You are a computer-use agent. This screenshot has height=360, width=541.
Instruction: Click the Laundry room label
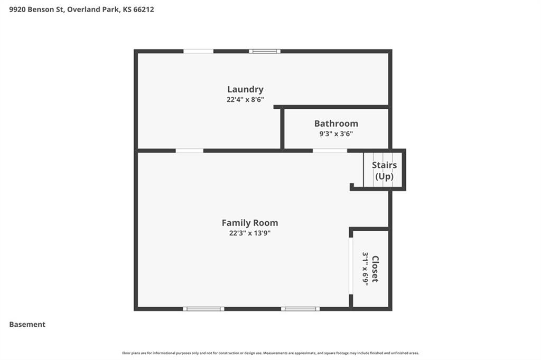point(245,90)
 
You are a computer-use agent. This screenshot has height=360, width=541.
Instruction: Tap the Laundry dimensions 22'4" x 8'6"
point(245,100)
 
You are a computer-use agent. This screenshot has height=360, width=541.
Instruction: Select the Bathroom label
point(336,124)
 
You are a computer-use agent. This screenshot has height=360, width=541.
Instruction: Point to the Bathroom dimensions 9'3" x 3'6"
point(336,134)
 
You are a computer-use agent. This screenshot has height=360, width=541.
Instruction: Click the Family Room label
point(250,223)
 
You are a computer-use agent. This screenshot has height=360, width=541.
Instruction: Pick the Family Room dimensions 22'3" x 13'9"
point(250,233)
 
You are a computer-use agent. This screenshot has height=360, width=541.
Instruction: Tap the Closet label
point(376,269)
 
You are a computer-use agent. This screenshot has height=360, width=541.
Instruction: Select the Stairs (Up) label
point(385,170)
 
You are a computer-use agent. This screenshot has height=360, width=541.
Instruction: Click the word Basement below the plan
point(27,325)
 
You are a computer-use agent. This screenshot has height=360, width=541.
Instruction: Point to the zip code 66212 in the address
point(144,10)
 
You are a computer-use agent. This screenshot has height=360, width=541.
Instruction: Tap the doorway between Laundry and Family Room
point(190,150)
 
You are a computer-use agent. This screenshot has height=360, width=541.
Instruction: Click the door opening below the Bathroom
point(330,150)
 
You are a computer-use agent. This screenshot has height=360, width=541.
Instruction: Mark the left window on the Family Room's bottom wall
point(203,309)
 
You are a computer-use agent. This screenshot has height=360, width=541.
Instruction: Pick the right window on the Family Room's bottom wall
point(300,309)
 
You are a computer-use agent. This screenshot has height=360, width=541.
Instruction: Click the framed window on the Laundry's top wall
point(265,51)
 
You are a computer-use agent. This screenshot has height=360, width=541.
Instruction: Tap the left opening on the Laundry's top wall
point(199,51)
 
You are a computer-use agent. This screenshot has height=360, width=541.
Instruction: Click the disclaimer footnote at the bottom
point(270,353)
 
